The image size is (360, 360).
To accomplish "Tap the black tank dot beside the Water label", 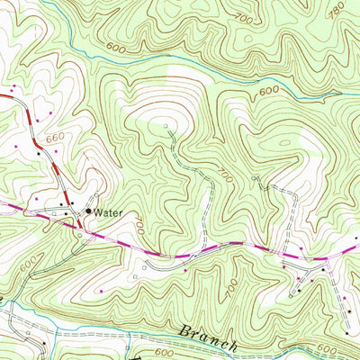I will coord(88,211).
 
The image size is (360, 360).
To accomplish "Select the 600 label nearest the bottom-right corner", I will coord(329,348).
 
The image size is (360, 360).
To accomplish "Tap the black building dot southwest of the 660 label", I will coord(39,153).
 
